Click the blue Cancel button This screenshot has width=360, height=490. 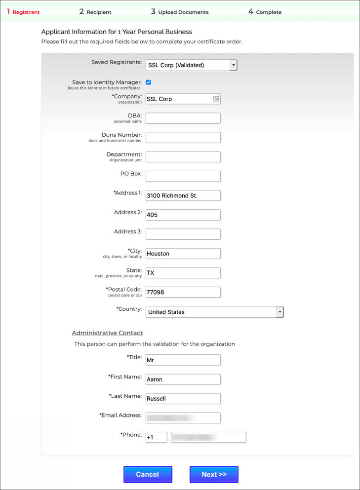click(148, 474)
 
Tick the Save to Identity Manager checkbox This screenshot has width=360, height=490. click(148, 82)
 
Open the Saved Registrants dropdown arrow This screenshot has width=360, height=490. click(234, 65)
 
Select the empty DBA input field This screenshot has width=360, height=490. click(183, 118)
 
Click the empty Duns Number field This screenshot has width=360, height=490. click(183, 138)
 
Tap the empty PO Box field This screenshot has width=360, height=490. click(183, 176)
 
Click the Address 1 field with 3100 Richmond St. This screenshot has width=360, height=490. click(183, 195)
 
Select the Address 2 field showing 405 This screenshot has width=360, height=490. click(183, 215)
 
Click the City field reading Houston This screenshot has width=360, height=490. click(183, 254)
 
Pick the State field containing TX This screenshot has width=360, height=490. click(183, 273)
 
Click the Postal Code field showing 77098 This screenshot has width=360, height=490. click(183, 292)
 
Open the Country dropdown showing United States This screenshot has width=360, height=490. click(214, 312)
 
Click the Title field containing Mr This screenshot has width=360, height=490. click(183, 360)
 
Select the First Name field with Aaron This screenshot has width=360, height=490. click(183, 379)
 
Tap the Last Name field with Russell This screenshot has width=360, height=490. click(183, 399)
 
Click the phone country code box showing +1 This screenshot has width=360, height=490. click(156, 437)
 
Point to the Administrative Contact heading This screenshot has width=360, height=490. click(107, 333)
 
